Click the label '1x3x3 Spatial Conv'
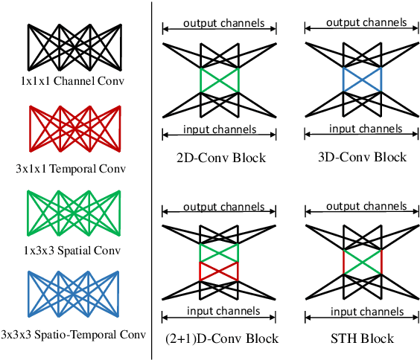74,251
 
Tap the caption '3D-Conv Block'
362,157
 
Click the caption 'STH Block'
362,339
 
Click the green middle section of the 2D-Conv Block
219,80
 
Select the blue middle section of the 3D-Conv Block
362,80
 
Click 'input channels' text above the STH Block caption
362,311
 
